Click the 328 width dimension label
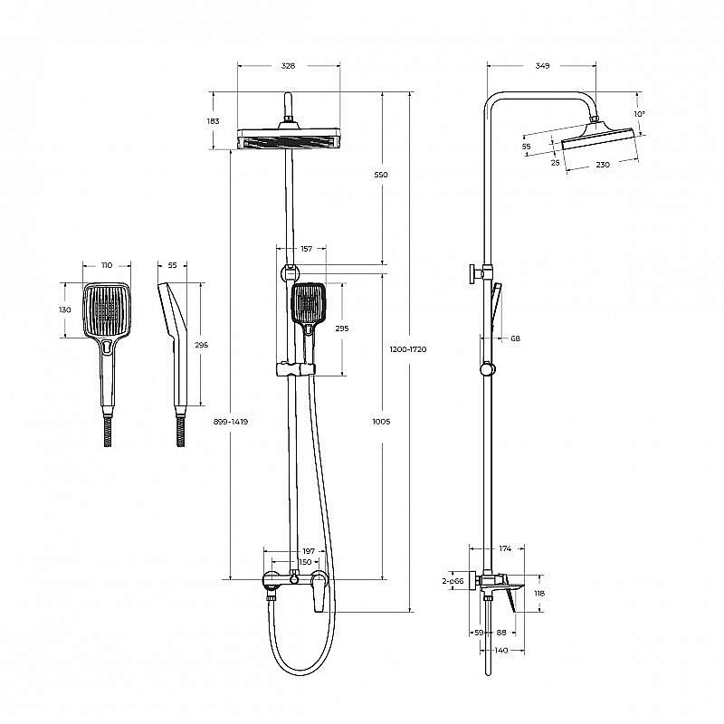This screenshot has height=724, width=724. click(x=288, y=66)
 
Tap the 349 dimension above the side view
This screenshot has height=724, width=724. click(x=542, y=66)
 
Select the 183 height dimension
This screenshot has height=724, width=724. click(x=213, y=121)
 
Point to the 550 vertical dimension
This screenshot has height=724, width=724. click(x=381, y=175)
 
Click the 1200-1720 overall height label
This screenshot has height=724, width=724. click(x=408, y=349)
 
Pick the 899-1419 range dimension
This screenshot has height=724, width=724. click(x=231, y=422)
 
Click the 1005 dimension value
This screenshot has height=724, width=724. click(x=381, y=422)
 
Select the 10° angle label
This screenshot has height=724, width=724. click(x=639, y=114)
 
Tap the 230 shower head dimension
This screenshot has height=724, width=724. click(x=603, y=165)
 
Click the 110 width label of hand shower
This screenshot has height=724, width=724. click(x=107, y=265)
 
